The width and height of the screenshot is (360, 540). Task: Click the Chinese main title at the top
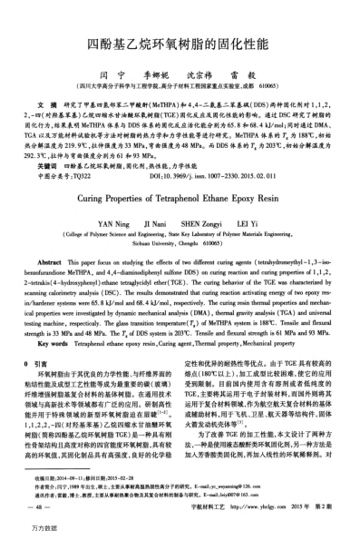click(x=180, y=43)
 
